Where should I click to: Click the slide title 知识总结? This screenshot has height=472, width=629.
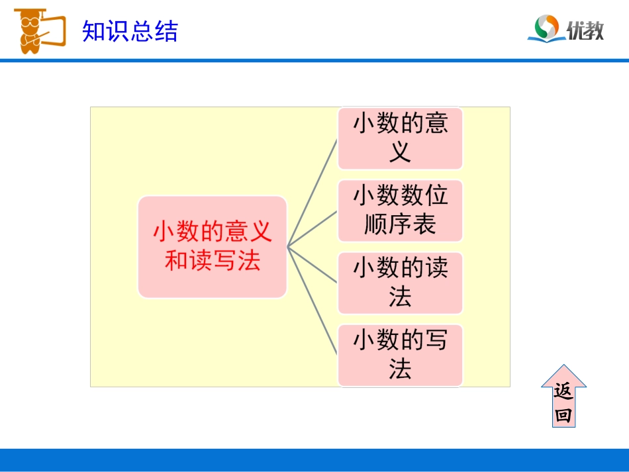pos(130,30)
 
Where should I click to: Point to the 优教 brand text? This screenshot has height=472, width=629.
pos(585,30)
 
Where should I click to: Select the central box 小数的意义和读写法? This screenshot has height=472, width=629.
pos(212,246)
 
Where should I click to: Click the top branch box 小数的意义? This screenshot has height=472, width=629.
pos(400,138)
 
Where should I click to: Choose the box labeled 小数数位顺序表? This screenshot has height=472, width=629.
pos(400,211)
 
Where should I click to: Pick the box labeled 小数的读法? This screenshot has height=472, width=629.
pos(400,283)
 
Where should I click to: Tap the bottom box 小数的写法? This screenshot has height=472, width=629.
pos(400,355)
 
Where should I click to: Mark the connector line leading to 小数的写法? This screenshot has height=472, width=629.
pos(313,299)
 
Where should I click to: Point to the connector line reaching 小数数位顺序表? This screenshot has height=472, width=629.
pos(313,229)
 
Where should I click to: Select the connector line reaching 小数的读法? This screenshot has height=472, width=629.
pos(313,263)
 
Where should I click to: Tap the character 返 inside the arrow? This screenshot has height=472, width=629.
pos(563,392)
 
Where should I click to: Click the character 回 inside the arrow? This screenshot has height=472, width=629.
pos(563,415)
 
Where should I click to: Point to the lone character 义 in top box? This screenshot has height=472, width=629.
pos(400,153)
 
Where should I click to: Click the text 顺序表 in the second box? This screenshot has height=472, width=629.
pos(400,225)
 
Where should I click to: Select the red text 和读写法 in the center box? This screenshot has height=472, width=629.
pos(212,261)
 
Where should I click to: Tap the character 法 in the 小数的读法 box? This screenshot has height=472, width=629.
pos(400,297)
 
